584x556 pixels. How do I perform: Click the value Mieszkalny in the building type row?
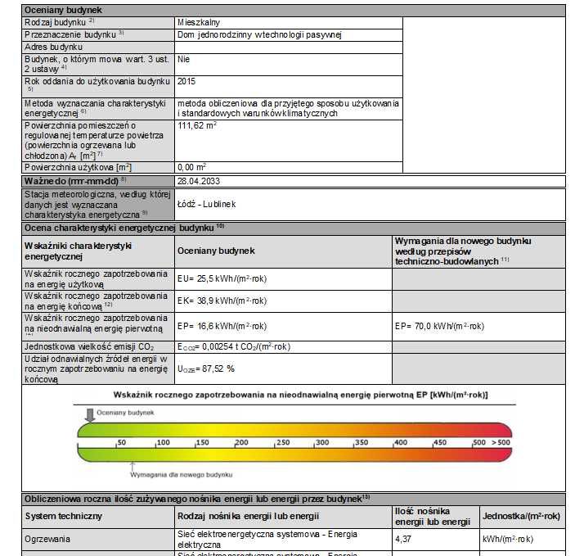pos(198,22)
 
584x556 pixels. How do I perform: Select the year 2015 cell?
pos(186,82)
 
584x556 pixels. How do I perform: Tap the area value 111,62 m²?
pos(197,126)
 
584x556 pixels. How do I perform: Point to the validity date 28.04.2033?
pos(200,179)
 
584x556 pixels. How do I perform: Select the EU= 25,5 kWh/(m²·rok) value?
pos(222,279)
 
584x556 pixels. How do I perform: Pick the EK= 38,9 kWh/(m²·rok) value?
pos(222,301)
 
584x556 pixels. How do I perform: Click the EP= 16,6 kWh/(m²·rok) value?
pos(222,326)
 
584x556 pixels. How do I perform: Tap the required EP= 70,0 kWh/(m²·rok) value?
pos(439,326)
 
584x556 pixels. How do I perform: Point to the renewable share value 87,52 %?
pos(206,369)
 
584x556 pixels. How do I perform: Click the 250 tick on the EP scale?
pos(282,442)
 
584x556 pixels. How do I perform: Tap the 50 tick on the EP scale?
pos(121,442)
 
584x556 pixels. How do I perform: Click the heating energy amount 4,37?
pos(403,540)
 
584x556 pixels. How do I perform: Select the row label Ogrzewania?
pos(47,540)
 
